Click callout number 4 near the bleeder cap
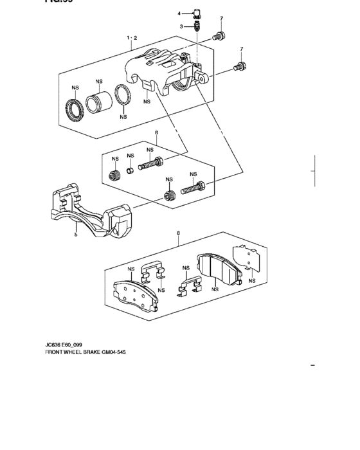180,13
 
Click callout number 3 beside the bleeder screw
182,26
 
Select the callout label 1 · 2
131,38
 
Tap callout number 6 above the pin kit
156,133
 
